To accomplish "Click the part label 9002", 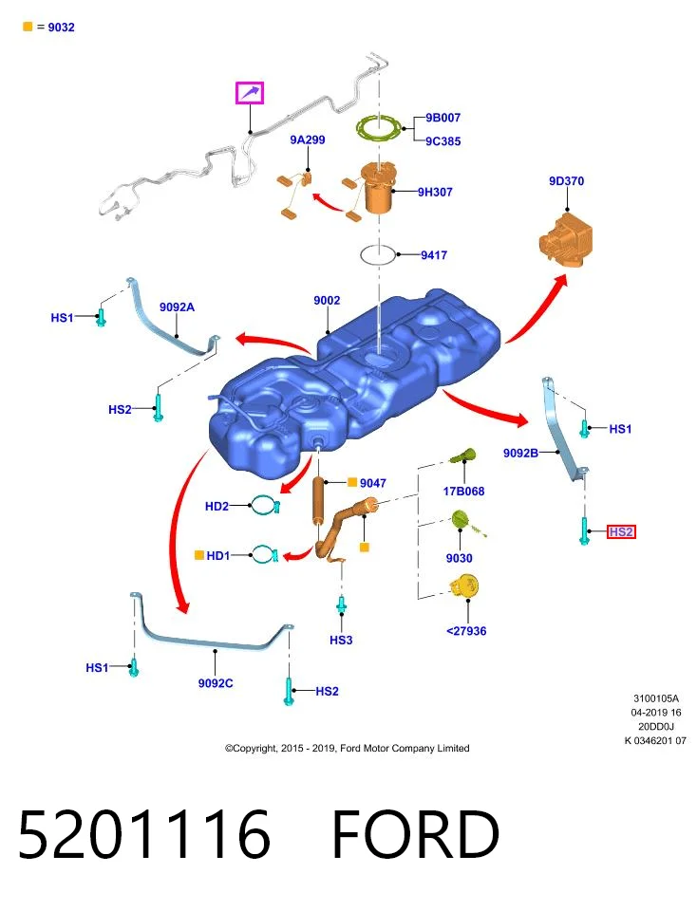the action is [327, 301].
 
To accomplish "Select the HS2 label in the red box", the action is [621, 531].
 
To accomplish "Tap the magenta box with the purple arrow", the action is [250, 93].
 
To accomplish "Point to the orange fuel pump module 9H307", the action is [377, 188].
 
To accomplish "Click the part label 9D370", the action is [566, 180].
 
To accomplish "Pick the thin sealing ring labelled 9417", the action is [378, 254].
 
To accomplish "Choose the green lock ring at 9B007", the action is [379, 128].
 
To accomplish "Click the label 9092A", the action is [177, 307].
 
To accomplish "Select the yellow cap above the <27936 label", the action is [464, 586].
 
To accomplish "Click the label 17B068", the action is [463, 491].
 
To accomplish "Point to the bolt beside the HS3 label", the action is [342, 604].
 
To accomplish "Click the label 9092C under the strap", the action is [216, 683].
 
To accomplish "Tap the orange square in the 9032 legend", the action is [28, 27].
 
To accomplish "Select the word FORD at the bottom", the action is [415, 834].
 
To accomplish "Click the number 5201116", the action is [144, 834].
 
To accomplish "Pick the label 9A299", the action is [308, 139].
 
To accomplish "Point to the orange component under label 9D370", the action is [566, 240].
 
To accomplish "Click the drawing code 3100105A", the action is [656, 698].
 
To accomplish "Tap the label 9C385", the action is [443, 141].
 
